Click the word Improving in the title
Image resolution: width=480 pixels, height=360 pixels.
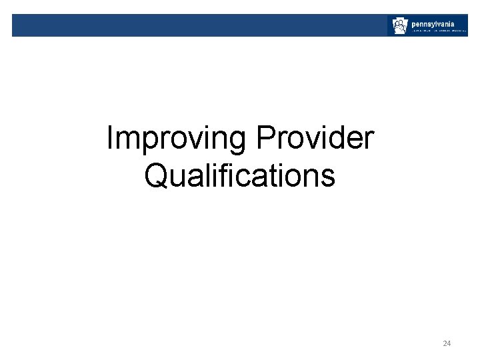coord(177,139)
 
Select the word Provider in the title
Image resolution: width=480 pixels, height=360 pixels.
coord(315,139)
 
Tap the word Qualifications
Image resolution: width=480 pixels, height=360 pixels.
coord(239,175)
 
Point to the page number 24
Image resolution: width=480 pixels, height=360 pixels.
coord(447,343)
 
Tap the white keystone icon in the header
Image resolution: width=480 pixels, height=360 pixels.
coord(399,26)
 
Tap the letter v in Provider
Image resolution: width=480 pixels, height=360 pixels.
coord(313,142)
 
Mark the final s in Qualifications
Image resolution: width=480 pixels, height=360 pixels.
coord(328,178)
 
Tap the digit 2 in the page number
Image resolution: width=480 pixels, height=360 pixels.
coord(445,343)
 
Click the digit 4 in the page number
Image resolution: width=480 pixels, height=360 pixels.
coord(449,343)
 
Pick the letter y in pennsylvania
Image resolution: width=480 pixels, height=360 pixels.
coord(439,23)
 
